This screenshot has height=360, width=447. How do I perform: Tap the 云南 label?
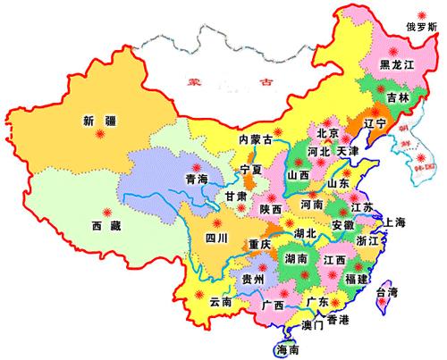(222, 304)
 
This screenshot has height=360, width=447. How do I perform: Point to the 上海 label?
(395, 222)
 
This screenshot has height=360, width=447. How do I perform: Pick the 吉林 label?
(399, 96)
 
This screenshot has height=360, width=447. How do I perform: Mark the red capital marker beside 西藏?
(108, 213)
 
